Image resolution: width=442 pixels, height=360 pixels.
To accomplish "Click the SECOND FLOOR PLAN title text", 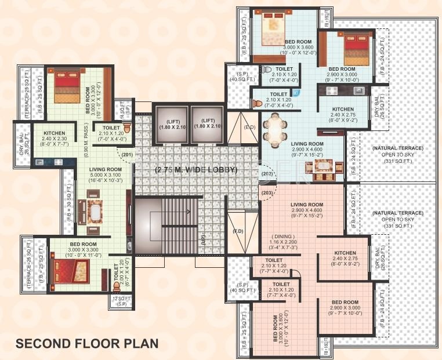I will coord(86,343).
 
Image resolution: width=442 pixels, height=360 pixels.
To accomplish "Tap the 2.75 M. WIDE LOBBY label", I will coord(195,170).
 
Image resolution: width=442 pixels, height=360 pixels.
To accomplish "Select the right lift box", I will coord(207,123).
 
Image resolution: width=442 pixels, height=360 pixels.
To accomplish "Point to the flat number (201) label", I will coord(128,155).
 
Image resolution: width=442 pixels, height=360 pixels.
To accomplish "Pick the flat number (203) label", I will coord(267,192).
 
